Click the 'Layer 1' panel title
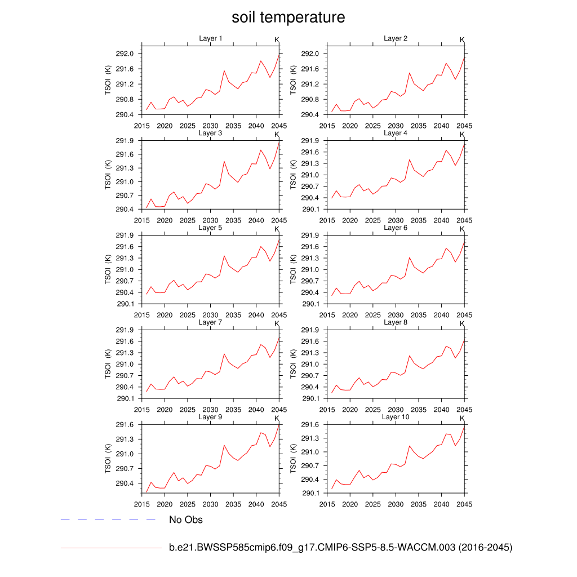tap(211, 38)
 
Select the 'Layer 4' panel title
tap(396, 133)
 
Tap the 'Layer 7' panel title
tap(211, 322)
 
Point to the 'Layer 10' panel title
tap(396, 417)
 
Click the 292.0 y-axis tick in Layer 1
tap(125, 54)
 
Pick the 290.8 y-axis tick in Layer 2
tap(310, 100)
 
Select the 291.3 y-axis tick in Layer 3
tap(125, 168)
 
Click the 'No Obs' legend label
tap(186, 520)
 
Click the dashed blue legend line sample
tap(108, 520)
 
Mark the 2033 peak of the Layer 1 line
tap(224, 70)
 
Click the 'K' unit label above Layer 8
tap(462, 324)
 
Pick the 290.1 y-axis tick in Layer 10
tap(310, 493)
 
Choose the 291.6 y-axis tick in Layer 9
tap(125, 425)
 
